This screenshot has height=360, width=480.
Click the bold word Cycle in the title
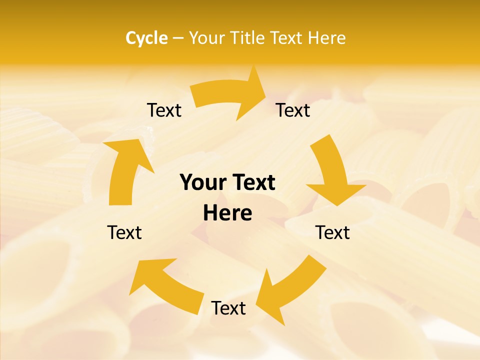(x=146, y=38)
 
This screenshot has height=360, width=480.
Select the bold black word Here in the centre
(x=227, y=213)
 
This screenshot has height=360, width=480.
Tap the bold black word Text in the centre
(x=254, y=183)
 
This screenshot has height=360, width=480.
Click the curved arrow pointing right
(x=227, y=95)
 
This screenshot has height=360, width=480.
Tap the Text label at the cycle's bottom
(x=228, y=308)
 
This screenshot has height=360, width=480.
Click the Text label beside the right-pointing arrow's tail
(x=164, y=110)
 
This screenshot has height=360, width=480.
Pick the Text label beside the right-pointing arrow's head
(x=293, y=110)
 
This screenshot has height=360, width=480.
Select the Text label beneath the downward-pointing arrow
(x=332, y=232)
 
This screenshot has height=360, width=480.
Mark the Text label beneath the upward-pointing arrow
(x=124, y=232)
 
